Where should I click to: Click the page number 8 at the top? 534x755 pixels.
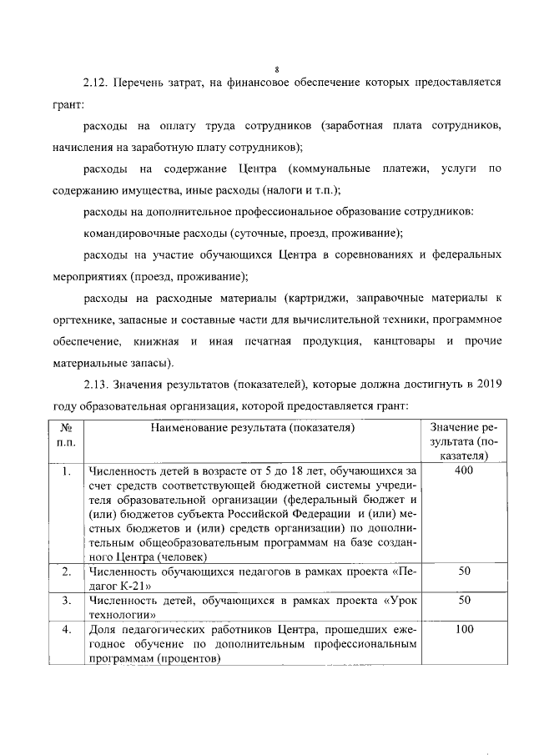(x=276, y=69)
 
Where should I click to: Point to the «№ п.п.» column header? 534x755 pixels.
(x=67, y=435)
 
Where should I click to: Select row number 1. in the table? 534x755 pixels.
(x=66, y=471)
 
